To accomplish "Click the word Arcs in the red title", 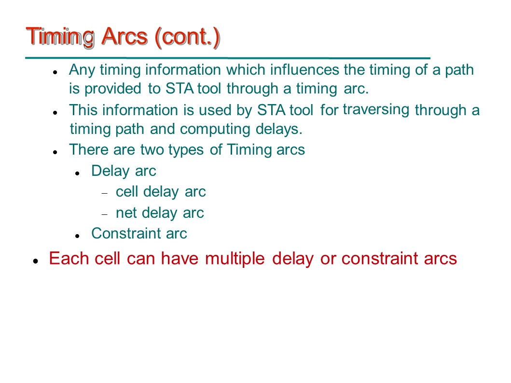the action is [x=124, y=36].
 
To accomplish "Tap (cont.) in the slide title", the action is [x=187, y=38].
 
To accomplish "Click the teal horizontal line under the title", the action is [x=228, y=58].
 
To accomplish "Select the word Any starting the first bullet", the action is [x=82, y=70].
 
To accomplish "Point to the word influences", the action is [x=304, y=70].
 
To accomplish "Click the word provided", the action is [x=113, y=89].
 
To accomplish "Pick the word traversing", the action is [x=376, y=110].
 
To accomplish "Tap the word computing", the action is [x=215, y=130].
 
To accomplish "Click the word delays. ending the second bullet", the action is [x=279, y=129].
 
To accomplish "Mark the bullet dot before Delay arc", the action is [x=77, y=173].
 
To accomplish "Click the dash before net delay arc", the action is [x=104, y=214].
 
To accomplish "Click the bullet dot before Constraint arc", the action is [x=77, y=236].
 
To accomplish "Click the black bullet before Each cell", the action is [x=36, y=261].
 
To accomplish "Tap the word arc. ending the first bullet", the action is [x=356, y=89].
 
